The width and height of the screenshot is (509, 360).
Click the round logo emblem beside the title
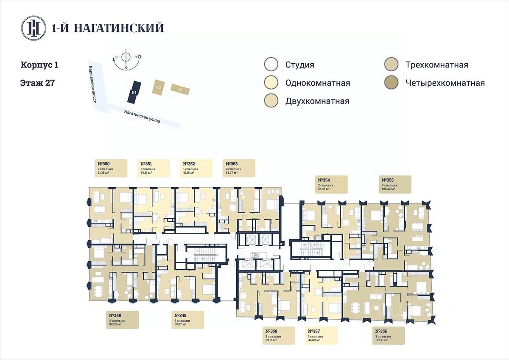point(34,28)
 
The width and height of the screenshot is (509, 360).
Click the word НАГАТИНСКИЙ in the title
point(118,28)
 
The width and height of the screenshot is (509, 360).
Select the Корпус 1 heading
point(39,65)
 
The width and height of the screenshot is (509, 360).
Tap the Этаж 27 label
point(37,83)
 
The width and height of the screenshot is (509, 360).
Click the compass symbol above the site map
point(126,57)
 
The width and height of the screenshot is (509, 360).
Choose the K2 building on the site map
point(159,87)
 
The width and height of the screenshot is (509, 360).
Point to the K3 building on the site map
point(180,89)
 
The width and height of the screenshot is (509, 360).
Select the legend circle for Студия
point(271,65)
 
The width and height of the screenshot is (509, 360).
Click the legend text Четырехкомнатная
point(445,83)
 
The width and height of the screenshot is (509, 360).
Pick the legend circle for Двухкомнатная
point(271,101)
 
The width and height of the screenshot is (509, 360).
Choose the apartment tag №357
point(322,335)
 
